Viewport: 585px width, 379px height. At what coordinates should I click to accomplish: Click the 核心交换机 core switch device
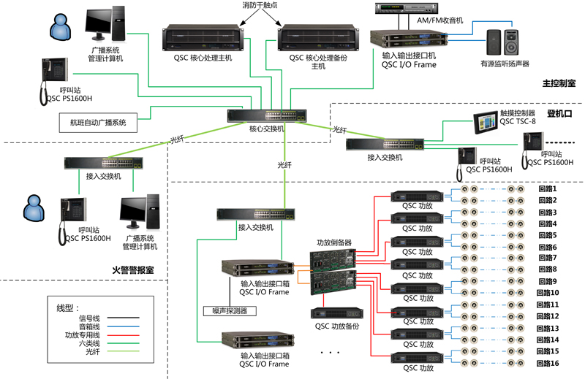pyautogui.click(x=255, y=115)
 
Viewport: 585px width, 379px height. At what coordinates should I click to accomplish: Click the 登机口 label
pyautogui.click(x=559, y=114)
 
